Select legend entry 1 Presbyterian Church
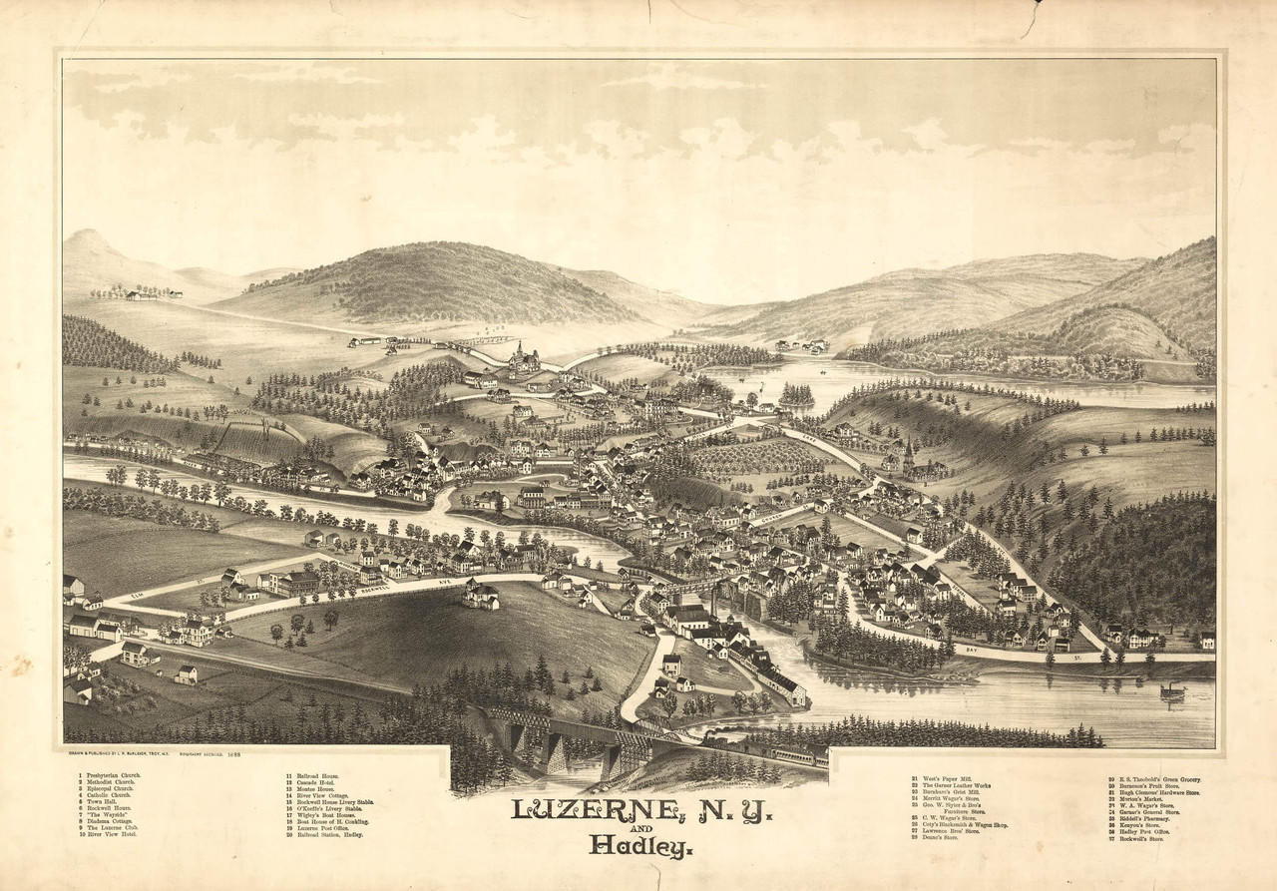pyautogui.click(x=111, y=775)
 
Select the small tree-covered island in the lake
pyautogui.click(x=796, y=395)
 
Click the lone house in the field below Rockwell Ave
pyautogui.click(x=480, y=596)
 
